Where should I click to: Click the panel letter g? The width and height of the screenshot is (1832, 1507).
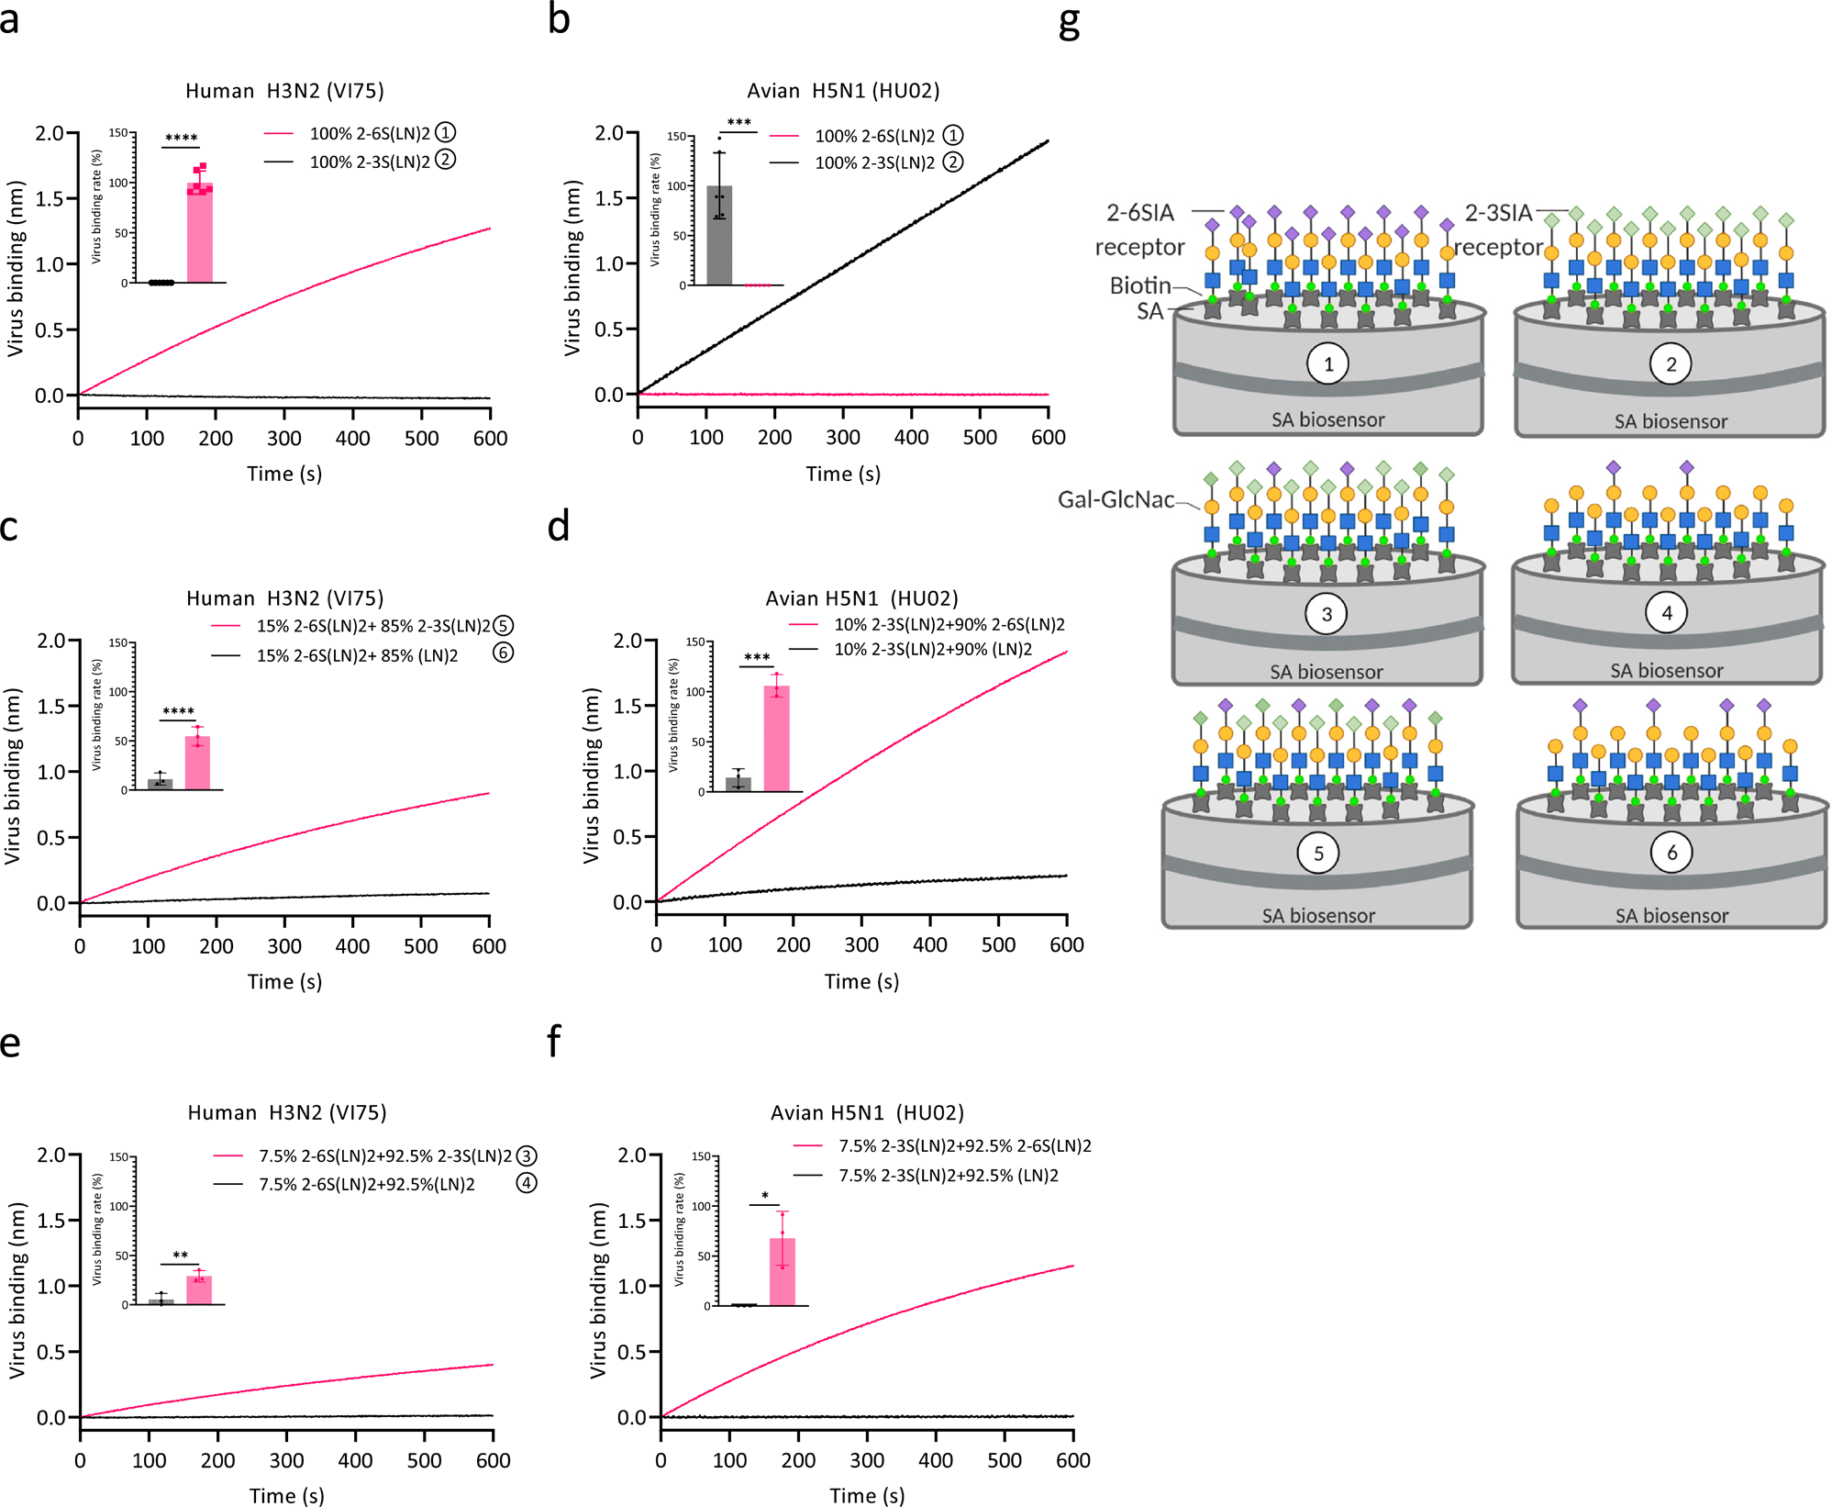coord(1070,23)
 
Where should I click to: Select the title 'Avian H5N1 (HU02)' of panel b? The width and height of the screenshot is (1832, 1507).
coord(843,91)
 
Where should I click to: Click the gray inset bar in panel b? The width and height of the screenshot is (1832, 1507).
coord(719,236)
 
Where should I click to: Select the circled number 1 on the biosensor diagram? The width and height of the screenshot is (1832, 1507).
coord(1327,364)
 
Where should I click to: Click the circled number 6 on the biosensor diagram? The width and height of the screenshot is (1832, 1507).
coord(1671,854)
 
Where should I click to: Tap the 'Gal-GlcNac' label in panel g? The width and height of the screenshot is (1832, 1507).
coord(1116,500)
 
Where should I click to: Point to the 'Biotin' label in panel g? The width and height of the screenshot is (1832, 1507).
coord(1140,285)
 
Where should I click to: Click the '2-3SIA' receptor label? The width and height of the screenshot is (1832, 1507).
coord(1498,214)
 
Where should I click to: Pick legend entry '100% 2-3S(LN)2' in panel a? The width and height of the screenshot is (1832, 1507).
coord(370,162)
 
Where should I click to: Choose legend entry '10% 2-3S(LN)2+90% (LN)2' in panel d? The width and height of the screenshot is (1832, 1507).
coord(932,650)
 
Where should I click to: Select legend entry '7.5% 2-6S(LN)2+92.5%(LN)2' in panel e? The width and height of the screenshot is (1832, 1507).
coord(367,1185)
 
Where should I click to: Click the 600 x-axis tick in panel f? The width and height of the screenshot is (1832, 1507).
coord(1072,1460)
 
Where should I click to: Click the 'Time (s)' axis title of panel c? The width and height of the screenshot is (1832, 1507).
coord(284,982)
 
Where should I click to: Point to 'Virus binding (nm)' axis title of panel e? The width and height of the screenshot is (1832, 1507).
coord(17,1290)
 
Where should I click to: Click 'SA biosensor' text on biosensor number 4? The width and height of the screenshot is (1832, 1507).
coord(1666,671)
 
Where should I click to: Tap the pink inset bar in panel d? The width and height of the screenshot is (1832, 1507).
coord(776,739)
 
